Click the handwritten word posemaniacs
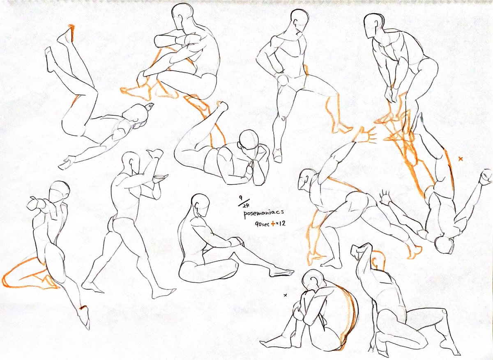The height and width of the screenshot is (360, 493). pos(263,213)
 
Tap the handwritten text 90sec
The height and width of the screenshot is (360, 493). pos(262,224)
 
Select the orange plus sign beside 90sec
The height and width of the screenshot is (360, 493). pos(273,224)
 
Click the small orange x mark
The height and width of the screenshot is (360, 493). pos(461,158)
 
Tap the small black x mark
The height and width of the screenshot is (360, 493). pos(286,295)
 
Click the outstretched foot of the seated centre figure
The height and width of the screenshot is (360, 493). pos(281,273)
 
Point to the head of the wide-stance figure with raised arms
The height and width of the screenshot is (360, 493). pos(131,163)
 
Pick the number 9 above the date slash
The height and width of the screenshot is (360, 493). pos(241,197)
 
